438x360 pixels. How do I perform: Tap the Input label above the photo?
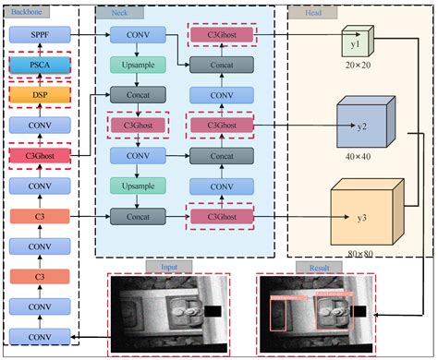pyautogui.click(x=167, y=267)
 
